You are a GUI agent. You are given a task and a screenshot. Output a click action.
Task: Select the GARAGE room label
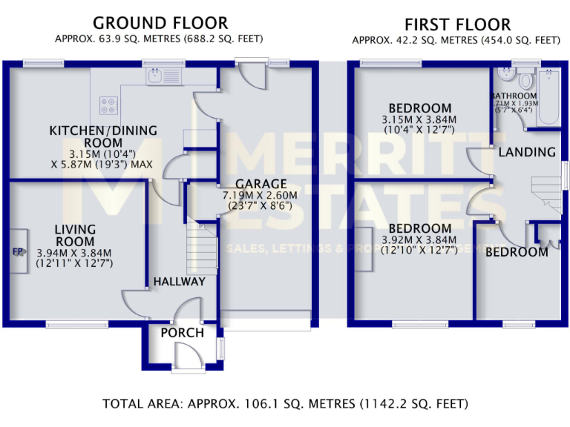(261, 184)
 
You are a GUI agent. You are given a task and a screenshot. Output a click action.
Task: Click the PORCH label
(182, 333)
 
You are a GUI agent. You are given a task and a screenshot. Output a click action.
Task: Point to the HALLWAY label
(179, 282)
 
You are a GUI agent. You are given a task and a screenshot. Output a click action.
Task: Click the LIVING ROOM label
(75, 236)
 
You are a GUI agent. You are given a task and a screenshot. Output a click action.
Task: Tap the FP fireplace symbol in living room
(18, 251)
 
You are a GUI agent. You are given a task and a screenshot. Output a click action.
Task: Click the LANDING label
(527, 153)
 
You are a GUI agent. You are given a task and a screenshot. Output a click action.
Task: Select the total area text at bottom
(286, 404)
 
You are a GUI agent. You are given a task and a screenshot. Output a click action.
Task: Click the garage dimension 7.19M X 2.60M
(261, 196)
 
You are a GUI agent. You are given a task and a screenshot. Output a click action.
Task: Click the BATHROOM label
(514, 96)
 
